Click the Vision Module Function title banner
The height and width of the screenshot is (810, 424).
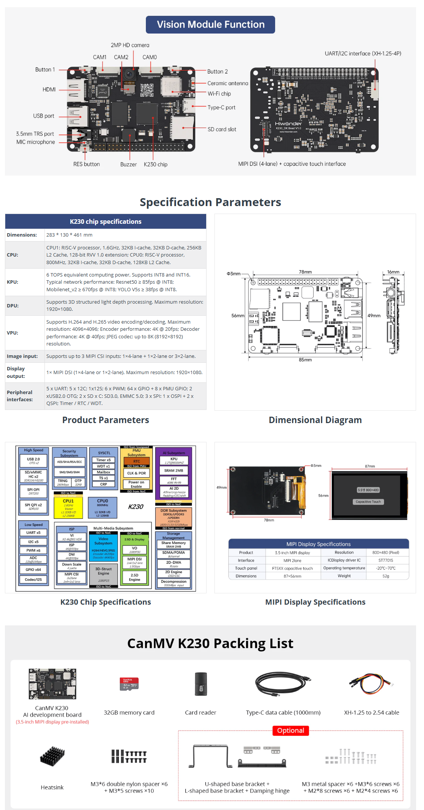(210, 24)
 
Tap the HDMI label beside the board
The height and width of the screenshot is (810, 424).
(49, 89)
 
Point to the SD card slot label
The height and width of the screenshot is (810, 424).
(222, 129)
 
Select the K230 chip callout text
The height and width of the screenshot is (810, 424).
(155, 164)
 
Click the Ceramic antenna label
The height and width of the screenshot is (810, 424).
(228, 83)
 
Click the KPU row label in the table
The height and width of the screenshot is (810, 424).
(12, 282)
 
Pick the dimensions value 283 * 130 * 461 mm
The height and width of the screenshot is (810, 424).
(69, 235)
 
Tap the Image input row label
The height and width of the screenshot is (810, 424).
(22, 356)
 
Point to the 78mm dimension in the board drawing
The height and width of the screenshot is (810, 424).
(305, 272)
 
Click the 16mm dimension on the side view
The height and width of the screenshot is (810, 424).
(393, 272)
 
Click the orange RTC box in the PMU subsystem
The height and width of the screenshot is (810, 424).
(136, 461)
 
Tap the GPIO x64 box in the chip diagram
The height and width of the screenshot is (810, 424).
(34, 570)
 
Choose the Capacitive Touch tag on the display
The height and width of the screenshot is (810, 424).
(368, 501)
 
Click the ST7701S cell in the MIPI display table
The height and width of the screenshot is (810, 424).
(386, 560)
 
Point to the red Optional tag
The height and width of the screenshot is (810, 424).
(291, 731)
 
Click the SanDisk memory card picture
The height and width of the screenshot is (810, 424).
(129, 684)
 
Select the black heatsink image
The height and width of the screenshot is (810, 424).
(52, 756)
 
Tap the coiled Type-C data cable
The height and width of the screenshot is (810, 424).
(283, 684)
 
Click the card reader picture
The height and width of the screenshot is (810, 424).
(201, 684)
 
